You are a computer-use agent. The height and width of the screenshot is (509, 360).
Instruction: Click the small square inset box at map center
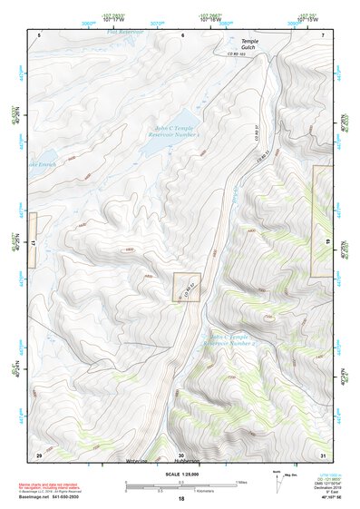tap(186, 288)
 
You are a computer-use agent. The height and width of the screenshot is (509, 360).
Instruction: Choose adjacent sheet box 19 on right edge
tap(323, 221)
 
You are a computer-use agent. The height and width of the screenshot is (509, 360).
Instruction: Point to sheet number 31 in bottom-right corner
tap(323, 454)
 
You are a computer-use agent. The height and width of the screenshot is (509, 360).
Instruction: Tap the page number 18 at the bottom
tap(181, 499)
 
